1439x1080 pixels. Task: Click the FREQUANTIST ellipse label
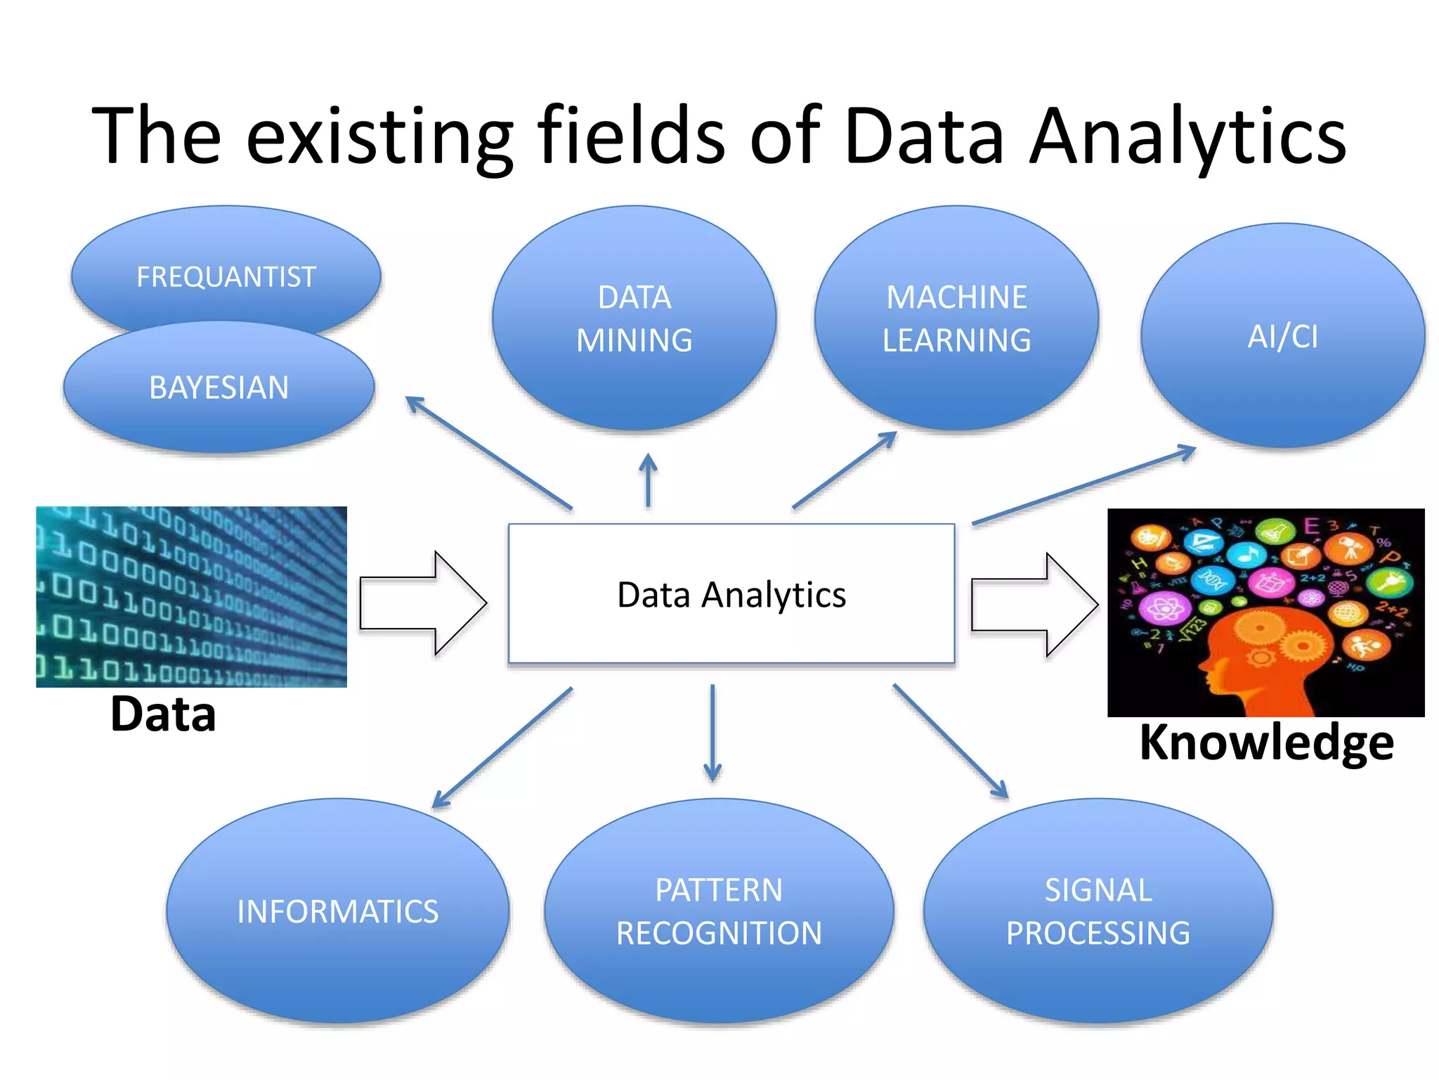[x=226, y=276]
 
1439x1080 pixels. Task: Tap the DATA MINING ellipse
[x=634, y=319]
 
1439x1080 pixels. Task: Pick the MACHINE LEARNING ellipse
[x=956, y=319]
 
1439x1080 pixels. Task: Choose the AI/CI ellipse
[x=1282, y=336]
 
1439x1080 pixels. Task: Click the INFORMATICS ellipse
[x=337, y=911]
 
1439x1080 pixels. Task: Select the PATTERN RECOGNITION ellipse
[x=719, y=911]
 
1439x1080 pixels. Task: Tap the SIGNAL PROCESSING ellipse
[x=1098, y=911]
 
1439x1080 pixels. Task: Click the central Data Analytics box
[x=731, y=594]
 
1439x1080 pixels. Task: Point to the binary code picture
[x=191, y=596]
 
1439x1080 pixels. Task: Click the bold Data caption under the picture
[x=163, y=714]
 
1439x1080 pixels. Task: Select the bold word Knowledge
[x=1266, y=742]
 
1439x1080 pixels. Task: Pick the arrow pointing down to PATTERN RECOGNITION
[x=712, y=733]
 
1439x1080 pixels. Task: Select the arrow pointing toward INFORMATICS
[x=503, y=747]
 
